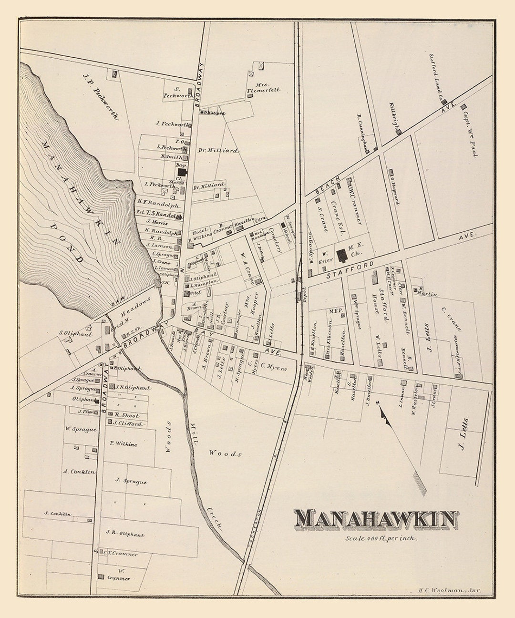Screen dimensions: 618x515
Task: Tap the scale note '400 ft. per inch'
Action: point(382,538)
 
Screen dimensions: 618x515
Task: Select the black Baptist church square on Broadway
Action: point(181,172)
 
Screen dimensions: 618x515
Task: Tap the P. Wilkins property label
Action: point(123,444)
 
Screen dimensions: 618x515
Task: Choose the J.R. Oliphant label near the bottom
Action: point(125,535)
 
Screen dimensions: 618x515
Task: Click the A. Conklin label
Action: point(79,472)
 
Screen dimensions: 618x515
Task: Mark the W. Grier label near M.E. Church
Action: point(325,256)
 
